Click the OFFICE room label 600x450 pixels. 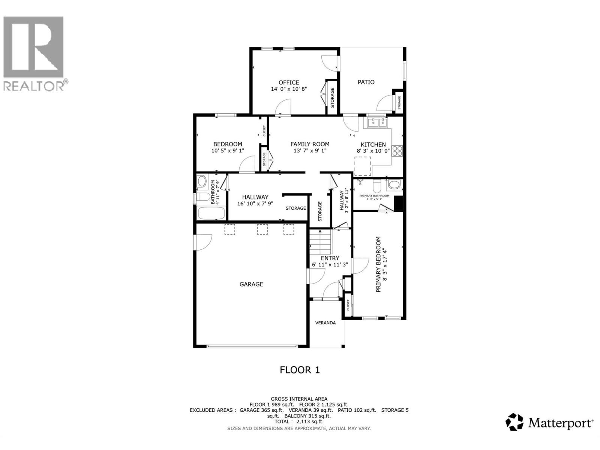(289, 82)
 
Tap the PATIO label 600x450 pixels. (366, 82)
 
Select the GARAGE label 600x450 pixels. (251, 284)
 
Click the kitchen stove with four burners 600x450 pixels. (397, 150)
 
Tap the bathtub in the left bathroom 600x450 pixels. (211, 214)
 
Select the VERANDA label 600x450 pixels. (325, 322)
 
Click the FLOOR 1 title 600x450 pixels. (300, 370)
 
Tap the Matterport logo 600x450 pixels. (550, 423)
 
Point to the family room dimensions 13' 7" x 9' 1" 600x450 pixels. (310, 151)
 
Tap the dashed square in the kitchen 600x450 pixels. (363, 166)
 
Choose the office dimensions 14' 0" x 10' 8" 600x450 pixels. (289, 89)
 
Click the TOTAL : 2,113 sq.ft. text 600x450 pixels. (299, 421)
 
